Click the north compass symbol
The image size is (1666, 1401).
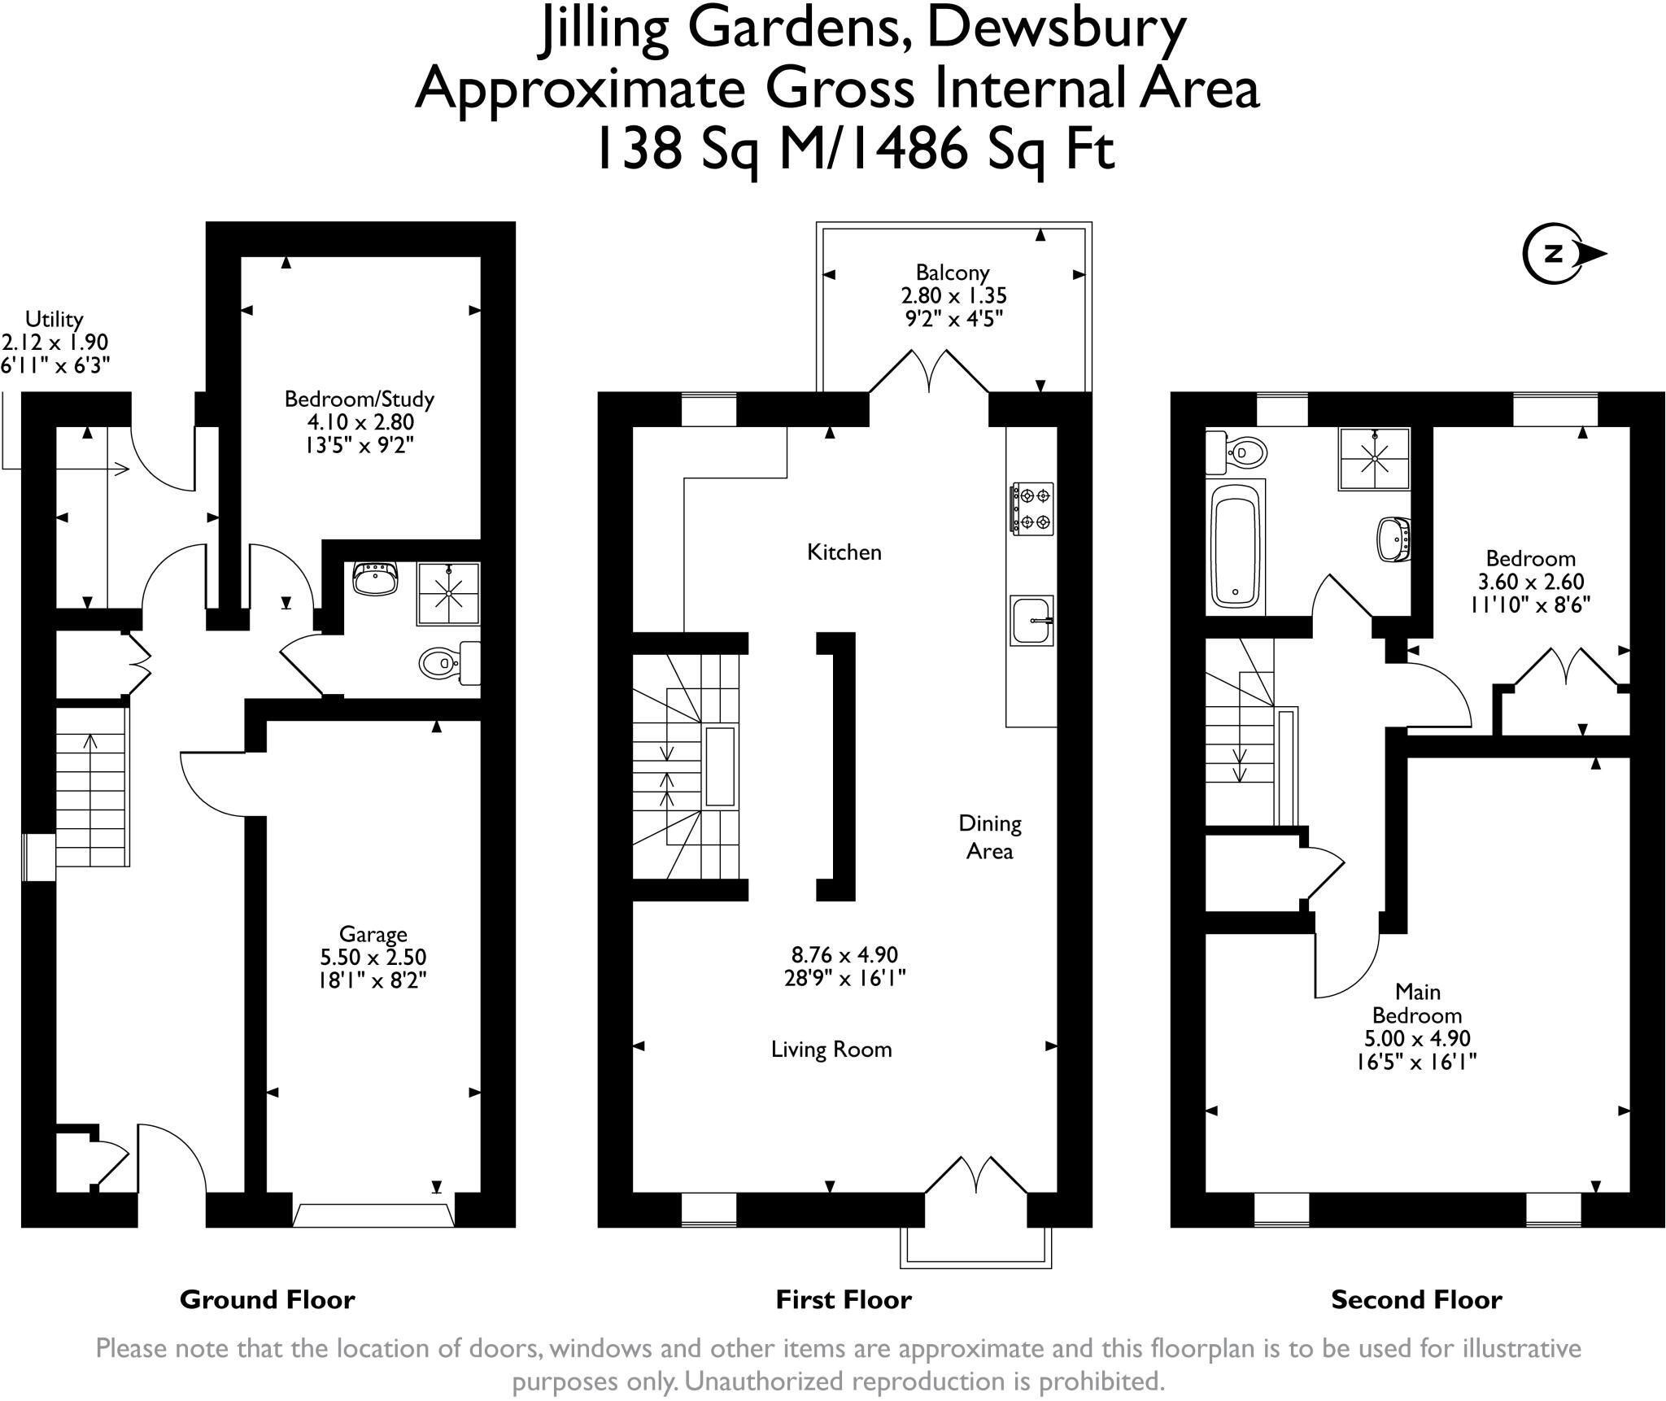1563,255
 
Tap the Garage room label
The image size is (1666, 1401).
373,934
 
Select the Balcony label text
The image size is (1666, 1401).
953,273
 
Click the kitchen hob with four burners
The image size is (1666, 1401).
1031,508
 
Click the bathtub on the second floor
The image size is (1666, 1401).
1236,545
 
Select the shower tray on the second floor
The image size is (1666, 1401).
1374,459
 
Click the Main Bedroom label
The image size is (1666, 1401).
1417,1003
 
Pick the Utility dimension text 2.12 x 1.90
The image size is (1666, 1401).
55,343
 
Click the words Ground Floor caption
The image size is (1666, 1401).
267,1299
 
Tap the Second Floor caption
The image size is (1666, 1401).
1416,1299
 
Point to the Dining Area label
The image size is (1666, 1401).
990,836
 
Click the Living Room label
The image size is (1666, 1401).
831,1050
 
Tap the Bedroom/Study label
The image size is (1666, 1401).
360,399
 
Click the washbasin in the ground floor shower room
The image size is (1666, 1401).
376,578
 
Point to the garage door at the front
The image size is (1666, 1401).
373,1215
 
